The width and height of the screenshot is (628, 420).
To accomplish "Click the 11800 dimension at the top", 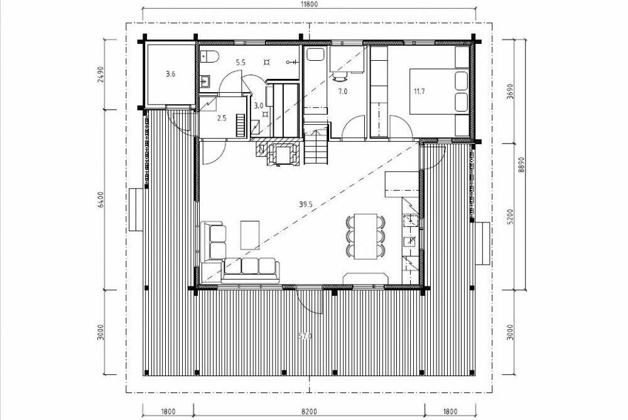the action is (308, 4).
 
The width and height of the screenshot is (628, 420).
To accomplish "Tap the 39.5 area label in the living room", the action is (305, 204).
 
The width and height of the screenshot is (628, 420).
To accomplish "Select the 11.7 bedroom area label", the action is (420, 91).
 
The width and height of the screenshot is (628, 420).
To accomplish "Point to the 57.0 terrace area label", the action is (305, 337).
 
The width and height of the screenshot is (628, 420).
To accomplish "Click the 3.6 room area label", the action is (170, 73).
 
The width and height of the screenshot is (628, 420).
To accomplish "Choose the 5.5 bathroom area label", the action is (241, 62).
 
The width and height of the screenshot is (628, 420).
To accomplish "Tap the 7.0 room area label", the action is (342, 91).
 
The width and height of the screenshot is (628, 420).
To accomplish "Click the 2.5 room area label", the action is (222, 118).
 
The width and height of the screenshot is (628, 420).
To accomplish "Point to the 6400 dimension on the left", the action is (100, 199).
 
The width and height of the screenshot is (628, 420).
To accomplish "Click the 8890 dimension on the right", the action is (521, 164).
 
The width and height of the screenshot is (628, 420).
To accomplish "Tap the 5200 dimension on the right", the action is (510, 216).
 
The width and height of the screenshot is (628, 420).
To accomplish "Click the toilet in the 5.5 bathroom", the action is (208, 57).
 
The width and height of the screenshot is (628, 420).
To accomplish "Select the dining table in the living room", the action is (365, 236).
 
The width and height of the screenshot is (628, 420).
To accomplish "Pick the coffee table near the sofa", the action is (250, 235).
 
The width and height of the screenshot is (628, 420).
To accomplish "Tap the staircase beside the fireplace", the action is (316, 139).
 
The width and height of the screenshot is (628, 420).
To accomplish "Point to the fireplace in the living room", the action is (277, 151).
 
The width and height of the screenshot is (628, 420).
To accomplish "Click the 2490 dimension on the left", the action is (100, 74).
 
